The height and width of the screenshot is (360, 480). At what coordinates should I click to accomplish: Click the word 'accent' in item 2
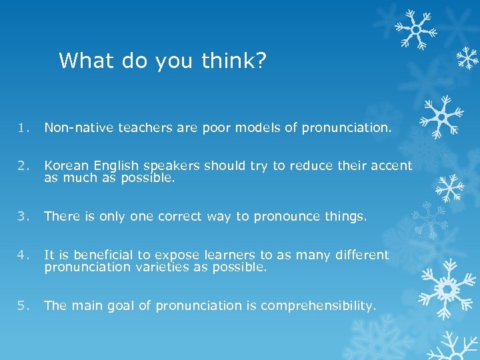pos(390,166)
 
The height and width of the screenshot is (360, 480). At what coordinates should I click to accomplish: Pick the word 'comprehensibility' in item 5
pos(318,306)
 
